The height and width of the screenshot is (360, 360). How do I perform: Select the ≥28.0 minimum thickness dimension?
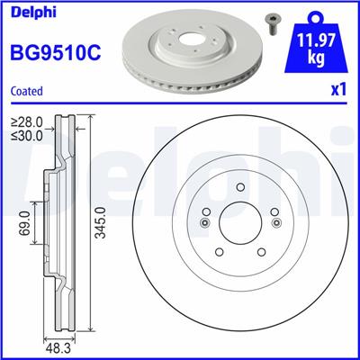[26, 121]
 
